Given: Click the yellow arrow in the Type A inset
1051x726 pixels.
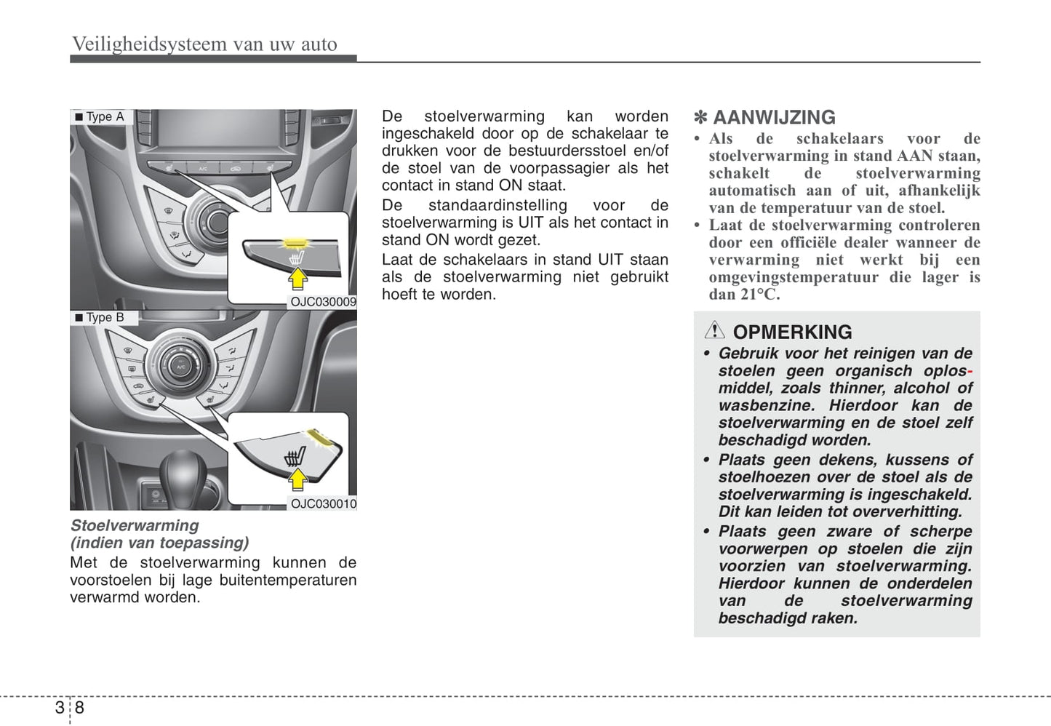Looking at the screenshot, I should coord(297,279).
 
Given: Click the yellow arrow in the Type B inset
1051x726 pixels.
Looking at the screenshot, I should coord(297,479).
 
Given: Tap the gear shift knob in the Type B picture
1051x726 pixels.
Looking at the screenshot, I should coord(181,473).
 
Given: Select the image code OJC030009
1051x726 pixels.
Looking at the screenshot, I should coord(323,302).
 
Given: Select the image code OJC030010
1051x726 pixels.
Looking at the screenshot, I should coord(323,503).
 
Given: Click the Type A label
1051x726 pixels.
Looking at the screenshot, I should coord(105,116).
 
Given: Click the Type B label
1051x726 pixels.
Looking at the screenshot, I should coord(105,317).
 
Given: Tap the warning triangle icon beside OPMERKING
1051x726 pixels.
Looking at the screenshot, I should coord(714,331).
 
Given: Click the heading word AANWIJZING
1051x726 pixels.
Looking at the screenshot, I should coord(774,117).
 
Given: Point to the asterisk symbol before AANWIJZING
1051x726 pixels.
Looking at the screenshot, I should coord(701,117).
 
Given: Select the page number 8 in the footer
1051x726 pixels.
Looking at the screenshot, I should coord(79,707).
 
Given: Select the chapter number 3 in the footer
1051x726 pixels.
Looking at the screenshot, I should coord(60,707).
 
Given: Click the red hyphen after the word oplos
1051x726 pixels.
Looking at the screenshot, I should coord(970,371).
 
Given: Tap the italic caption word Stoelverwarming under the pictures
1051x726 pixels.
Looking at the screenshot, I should coord(135,525).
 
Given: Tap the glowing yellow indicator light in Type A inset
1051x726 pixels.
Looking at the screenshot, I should coord(294,242).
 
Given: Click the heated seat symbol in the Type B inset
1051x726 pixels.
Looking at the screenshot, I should coord(295,457).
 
